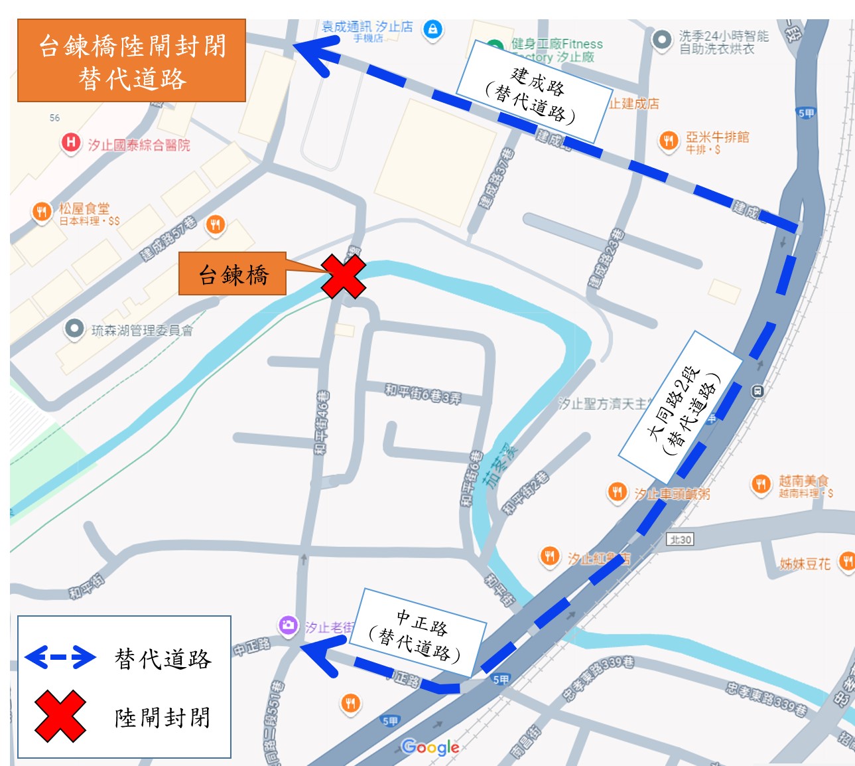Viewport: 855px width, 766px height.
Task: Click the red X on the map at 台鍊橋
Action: (x=344, y=276)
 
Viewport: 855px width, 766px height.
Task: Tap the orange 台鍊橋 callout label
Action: (x=233, y=274)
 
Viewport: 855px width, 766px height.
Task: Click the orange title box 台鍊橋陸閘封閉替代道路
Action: (x=131, y=61)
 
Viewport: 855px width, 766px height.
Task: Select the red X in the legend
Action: (x=60, y=716)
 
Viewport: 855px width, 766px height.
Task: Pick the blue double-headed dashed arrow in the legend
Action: (x=60, y=657)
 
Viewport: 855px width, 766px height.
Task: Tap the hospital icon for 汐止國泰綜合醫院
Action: (x=70, y=143)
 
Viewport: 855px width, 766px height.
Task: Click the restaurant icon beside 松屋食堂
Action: (x=41, y=212)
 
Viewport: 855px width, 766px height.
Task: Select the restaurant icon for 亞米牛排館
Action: (x=669, y=140)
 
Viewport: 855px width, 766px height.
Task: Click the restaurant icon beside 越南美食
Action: (x=761, y=484)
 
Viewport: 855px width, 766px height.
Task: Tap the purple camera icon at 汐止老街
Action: (x=288, y=625)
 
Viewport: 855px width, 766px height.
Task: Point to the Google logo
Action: (x=430, y=747)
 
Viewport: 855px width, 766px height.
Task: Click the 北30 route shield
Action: (x=681, y=539)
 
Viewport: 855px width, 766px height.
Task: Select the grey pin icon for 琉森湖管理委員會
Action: (x=74, y=329)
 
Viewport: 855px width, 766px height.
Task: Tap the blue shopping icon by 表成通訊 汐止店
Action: (x=432, y=29)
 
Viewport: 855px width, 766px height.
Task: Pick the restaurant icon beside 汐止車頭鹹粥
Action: (x=618, y=492)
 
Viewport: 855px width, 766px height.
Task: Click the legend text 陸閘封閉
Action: (x=163, y=717)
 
